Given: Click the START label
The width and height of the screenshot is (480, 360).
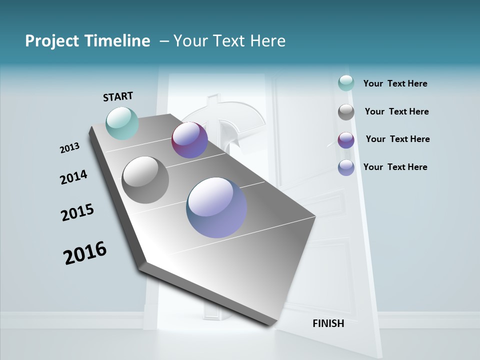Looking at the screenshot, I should pyautogui.click(x=118, y=96).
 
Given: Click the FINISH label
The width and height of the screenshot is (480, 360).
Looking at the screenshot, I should pyautogui.click(x=328, y=323).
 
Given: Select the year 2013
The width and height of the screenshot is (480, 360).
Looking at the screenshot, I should pyautogui.click(x=69, y=148).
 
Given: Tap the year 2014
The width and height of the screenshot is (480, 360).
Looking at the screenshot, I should pyautogui.click(x=73, y=177).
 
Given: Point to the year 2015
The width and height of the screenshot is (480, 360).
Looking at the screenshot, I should pyautogui.click(x=77, y=212).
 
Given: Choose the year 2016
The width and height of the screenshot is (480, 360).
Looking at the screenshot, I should pyautogui.click(x=85, y=253).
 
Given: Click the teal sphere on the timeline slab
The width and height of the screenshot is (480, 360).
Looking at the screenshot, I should pyautogui.click(x=122, y=123).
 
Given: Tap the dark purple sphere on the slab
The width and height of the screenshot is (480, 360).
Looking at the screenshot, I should pyautogui.click(x=189, y=140).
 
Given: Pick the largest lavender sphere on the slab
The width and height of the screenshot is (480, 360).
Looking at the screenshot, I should pyautogui.click(x=216, y=207).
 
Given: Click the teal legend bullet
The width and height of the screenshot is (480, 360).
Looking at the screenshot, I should pyautogui.click(x=346, y=83).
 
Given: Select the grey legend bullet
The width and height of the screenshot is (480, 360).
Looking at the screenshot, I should pyautogui.click(x=346, y=112).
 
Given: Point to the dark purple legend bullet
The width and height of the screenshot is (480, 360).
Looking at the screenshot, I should pyautogui.click(x=346, y=140).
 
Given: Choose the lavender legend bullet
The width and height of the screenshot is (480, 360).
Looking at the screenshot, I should pyautogui.click(x=346, y=167).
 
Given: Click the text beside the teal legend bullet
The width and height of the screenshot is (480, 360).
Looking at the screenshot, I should pyautogui.click(x=395, y=83).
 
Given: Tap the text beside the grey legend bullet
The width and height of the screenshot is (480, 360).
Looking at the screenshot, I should pyautogui.click(x=396, y=111).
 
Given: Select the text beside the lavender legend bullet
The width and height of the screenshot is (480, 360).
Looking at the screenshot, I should pyautogui.click(x=395, y=167).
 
